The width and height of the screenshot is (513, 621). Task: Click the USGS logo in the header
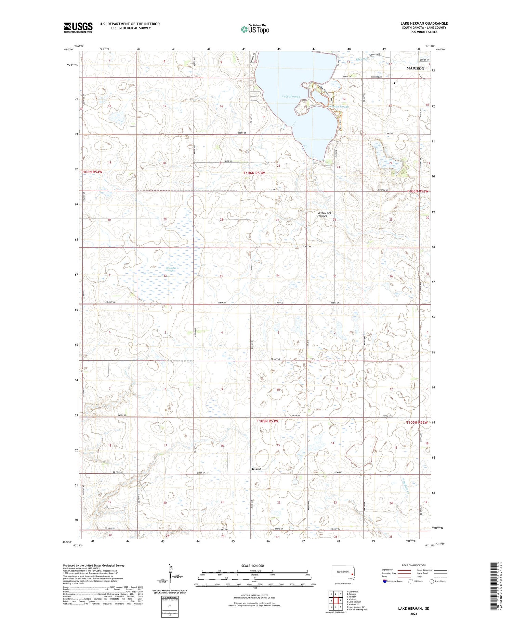[x=78, y=27]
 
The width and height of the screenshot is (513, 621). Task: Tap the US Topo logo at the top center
[x=255, y=29]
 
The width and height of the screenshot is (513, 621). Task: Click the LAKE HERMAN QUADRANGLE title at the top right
[x=424, y=23]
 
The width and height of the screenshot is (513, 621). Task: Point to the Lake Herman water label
[x=291, y=97]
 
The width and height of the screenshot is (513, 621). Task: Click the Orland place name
[x=255, y=469]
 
